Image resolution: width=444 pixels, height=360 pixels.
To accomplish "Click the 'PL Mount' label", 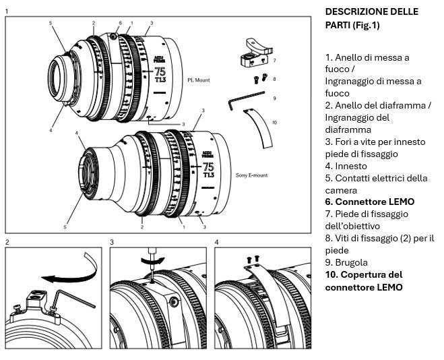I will point(199,80).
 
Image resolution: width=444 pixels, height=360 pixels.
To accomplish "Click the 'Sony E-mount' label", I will point(251,175).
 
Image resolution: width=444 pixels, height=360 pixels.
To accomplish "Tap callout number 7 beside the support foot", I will point(274,61).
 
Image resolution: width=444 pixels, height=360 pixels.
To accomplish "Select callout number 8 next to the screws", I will point(274,79).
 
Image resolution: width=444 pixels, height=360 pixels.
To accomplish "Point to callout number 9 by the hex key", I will point(274,99).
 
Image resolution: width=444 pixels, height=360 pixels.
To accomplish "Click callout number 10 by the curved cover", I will point(274,122).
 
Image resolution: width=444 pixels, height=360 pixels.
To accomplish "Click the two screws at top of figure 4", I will point(253,258).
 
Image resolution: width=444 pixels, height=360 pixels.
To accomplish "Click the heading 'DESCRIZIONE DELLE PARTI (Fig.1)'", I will point(371,18).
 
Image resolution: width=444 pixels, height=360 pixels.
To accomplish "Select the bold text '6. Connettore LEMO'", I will point(369,202).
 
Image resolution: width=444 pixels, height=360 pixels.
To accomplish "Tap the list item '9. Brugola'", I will point(346,262).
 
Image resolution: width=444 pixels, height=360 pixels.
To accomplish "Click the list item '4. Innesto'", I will point(346,165).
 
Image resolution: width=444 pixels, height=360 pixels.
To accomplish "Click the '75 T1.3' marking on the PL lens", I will point(160,76).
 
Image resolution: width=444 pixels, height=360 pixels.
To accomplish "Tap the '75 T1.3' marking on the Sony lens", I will point(208,170).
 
